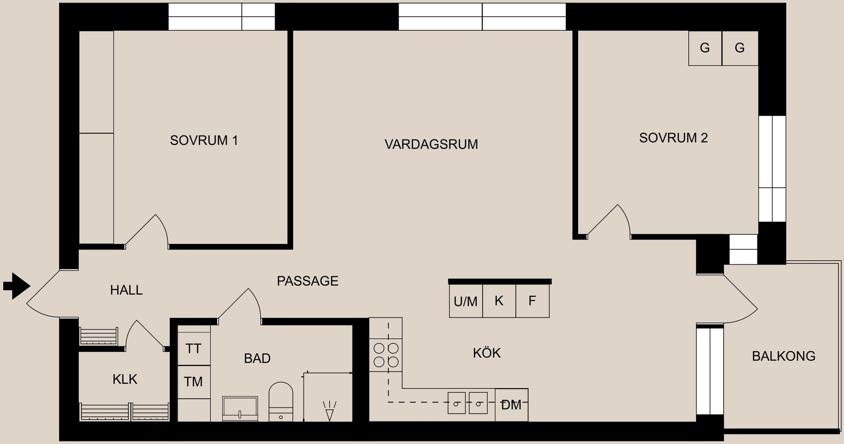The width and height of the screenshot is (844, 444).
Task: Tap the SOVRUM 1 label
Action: click(x=204, y=140)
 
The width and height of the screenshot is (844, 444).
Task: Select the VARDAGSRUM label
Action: click(x=431, y=144)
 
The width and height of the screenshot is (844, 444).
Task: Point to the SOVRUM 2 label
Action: click(x=673, y=138)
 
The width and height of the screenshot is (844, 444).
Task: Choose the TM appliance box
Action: click(x=193, y=382)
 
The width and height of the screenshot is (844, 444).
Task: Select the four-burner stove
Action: click(x=386, y=355)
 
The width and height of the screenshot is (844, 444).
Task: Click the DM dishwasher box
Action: click(x=511, y=405)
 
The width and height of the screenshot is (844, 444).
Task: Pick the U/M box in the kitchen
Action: click(x=466, y=301)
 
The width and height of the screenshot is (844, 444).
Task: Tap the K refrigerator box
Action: click(x=499, y=301)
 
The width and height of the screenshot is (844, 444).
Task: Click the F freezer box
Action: click(x=532, y=301)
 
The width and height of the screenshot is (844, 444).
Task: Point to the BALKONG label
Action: click(x=784, y=356)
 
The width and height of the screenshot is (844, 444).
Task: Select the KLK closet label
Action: click(x=125, y=379)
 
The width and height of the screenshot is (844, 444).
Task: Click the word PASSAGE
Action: click(x=308, y=281)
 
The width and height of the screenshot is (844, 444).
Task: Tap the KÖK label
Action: click(x=487, y=353)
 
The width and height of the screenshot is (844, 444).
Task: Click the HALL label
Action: click(x=126, y=290)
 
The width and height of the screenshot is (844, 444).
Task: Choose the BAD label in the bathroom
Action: click(x=257, y=358)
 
